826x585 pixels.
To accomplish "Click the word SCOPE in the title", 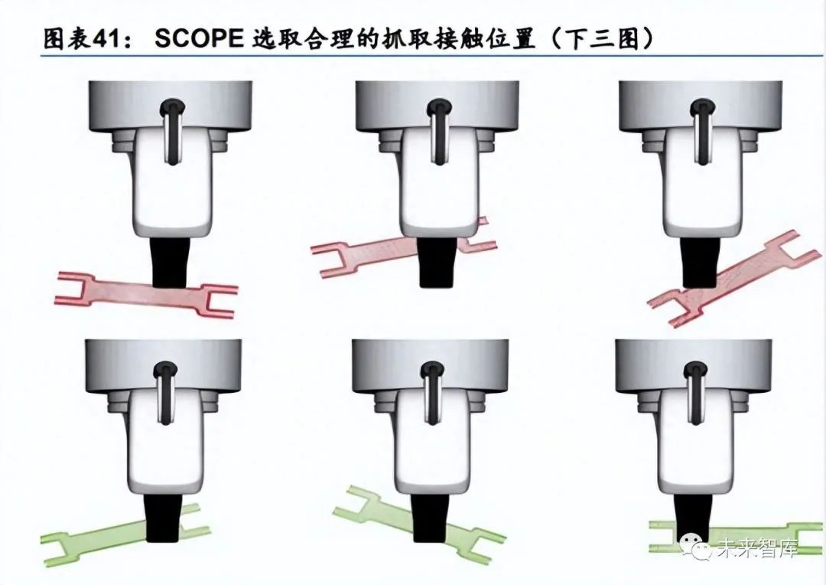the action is click(x=199, y=38).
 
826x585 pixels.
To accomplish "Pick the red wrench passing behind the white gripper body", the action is click(x=404, y=247).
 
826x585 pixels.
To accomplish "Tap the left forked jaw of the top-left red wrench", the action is click(x=76, y=287).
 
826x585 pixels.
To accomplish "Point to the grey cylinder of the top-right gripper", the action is click(x=700, y=106).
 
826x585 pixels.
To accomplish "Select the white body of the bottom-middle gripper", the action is click(x=431, y=443).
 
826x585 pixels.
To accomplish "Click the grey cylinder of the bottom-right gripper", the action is click(x=694, y=365).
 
